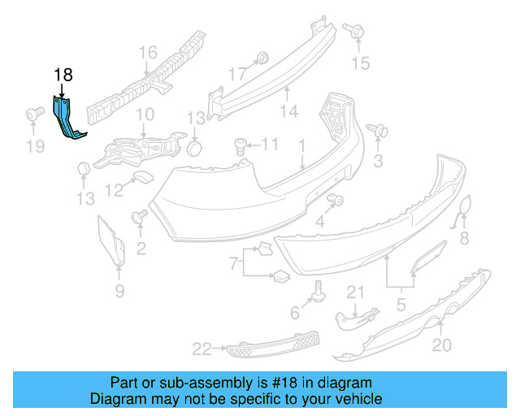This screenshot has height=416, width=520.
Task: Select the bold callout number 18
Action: pos(63,76)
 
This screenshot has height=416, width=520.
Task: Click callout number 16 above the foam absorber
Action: pos(146,54)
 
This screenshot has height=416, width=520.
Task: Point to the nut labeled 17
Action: pos(262,58)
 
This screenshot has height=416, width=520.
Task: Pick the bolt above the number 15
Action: pos(356,32)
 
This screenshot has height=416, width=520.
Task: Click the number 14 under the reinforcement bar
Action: pos(288,110)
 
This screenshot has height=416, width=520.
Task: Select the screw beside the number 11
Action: pos(240,145)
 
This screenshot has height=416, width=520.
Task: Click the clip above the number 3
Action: pos(376,130)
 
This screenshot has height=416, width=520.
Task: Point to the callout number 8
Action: pos(464,238)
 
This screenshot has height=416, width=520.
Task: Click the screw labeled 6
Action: pos(318,288)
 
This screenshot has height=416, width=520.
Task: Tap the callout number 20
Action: pos(440,345)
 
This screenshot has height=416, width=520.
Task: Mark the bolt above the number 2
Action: pos(138,217)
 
